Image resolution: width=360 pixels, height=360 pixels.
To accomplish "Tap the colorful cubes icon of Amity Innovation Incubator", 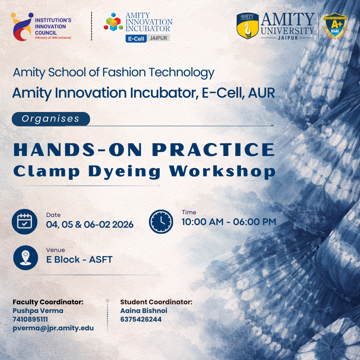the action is coord(113,22).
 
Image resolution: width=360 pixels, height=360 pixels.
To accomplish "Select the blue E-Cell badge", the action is coord(136,39).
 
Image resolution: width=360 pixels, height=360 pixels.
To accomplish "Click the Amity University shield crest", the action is coord(247,26).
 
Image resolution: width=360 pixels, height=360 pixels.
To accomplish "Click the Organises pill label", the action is coord(51,119).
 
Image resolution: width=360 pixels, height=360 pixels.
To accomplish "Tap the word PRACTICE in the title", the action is coord(213,150).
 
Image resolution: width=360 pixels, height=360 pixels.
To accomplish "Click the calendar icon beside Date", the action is coord(25,222).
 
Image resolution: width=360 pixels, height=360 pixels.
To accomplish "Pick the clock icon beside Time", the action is coord(161,222).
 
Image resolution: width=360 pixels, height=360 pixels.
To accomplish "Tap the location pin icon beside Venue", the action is coord(25,258).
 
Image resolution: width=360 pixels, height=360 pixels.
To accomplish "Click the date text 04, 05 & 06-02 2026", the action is coord(90,225).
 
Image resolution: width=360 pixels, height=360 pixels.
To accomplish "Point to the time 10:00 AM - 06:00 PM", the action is coord(229,222).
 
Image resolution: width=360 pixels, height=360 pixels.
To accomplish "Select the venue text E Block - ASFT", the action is coord(79,260).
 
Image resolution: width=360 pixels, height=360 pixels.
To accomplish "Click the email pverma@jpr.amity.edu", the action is coord(53,328).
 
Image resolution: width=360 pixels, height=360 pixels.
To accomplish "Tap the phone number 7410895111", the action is coord(30,319).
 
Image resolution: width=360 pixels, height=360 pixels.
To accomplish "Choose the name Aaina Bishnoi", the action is coord(144,311).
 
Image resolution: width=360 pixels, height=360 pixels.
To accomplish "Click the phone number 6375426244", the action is coord(141,319).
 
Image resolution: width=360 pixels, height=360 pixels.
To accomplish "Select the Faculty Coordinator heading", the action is coord(48,302).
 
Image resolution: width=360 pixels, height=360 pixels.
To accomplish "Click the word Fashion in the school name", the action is coord(124,72).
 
